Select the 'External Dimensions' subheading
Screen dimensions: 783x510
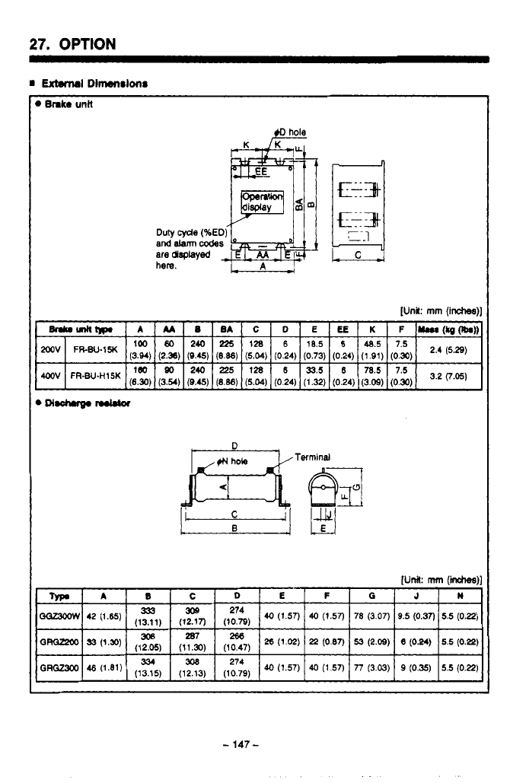pos(94,83)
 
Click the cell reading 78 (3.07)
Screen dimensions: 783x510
pos(370,613)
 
